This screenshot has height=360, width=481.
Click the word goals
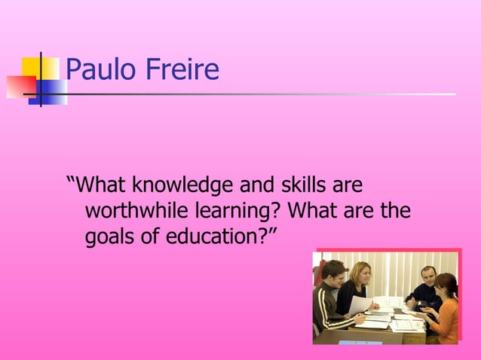[112, 237]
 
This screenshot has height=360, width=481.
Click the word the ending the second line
[394, 211]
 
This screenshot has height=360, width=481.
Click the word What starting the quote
[103, 185]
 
